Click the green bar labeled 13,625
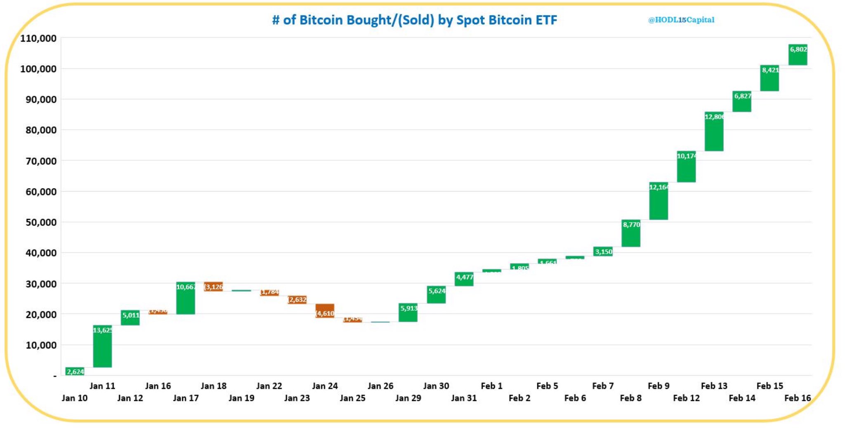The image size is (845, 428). click(102, 346)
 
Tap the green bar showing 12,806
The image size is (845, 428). click(714, 132)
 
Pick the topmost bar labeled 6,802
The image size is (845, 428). click(798, 55)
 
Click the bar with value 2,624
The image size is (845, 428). click(75, 371)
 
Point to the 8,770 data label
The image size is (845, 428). click(631, 225)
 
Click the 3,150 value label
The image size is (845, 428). click(603, 252)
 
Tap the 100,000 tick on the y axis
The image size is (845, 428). click(38, 69)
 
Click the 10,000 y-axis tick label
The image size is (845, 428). click(41, 345)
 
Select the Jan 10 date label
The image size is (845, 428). click(75, 398)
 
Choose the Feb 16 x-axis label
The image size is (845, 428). click(797, 398)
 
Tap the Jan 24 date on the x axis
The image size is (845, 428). click(325, 386)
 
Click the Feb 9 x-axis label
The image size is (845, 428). click(659, 386)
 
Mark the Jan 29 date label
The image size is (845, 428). click(408, 398)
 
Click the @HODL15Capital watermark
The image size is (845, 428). click(681, 20)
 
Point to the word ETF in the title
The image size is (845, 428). click(546, 20)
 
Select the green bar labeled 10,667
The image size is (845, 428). click(186, 299)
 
